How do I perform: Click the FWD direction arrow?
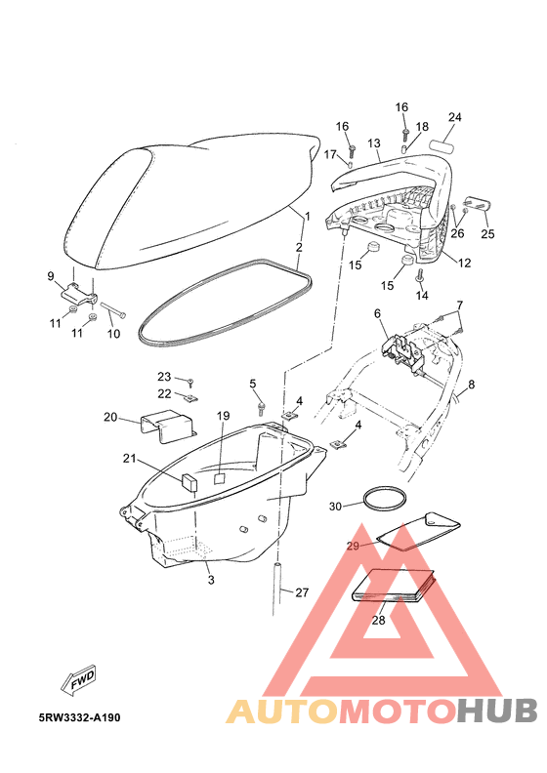pyautogui.click(x=78, y=680)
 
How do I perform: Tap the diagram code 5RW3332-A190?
pyautogui.click(x=79, y=717)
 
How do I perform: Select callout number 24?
pyautogui.click(x=455, y=117)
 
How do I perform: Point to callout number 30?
pyautogui.click(x=335, y=507)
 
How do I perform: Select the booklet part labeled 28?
pyautogui.click(x=394, y=586)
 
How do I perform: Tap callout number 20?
pyautogui.click(x=110, y=417)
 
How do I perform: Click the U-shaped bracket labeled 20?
pyautogui.click(x=167, y=426)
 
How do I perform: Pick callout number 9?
pyautogui.click(x=51, y=276)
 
